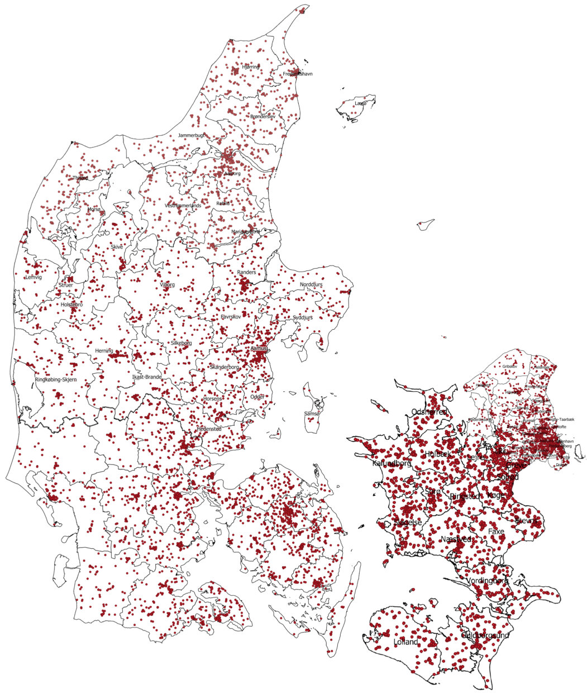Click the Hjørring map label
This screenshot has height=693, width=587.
point(251,67)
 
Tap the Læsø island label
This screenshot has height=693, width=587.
point(361,103)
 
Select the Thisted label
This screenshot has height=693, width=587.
point(80,178)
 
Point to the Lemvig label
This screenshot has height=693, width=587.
point(34,277)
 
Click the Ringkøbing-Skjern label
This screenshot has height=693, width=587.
point(56,379)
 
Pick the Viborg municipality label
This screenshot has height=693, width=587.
point(167,285)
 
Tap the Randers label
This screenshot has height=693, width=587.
point(246,272)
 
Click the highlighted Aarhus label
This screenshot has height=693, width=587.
point(259,348)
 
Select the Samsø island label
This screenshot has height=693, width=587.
point(311,414)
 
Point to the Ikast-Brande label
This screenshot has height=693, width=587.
point(146,377)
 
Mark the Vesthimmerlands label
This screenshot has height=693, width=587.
point(183,206)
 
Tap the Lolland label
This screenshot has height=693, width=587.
point(406,642)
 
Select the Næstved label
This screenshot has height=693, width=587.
point(456,539)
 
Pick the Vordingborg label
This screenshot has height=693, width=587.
point(487,581)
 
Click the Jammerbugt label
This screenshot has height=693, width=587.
point(192,136)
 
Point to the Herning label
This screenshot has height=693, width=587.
point(104,350)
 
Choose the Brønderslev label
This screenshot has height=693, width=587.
point(262,116)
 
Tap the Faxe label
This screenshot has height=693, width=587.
point(496,531)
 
